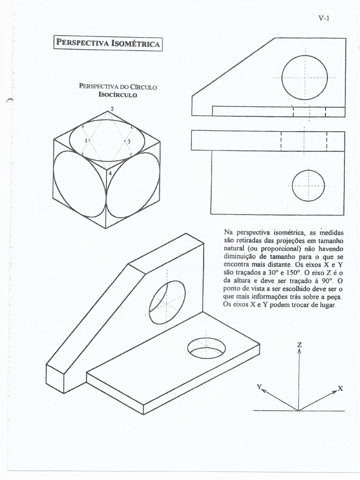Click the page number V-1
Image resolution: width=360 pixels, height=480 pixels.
(x=324, y=19)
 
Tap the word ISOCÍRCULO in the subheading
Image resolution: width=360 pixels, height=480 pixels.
(x=118, y=95)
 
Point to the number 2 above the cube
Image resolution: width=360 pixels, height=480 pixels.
(x=112, y=108)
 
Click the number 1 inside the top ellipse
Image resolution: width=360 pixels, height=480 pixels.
(x=86, y=141)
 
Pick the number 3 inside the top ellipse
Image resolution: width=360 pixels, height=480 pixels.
(x=129, y=141)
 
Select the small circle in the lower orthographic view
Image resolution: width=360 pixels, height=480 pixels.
(x=308, y=186)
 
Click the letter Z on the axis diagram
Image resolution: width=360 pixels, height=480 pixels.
(x=299, y=345)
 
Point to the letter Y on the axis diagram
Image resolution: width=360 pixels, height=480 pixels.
(x=259, y=386)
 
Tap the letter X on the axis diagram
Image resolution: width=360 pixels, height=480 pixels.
(x=340, y=389)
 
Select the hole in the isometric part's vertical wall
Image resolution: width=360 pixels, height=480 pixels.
(x=167, y=302)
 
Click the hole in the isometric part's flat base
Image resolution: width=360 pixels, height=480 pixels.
(x=206, y=348)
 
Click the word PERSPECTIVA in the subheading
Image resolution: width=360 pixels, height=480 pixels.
(x=99, y=87)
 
